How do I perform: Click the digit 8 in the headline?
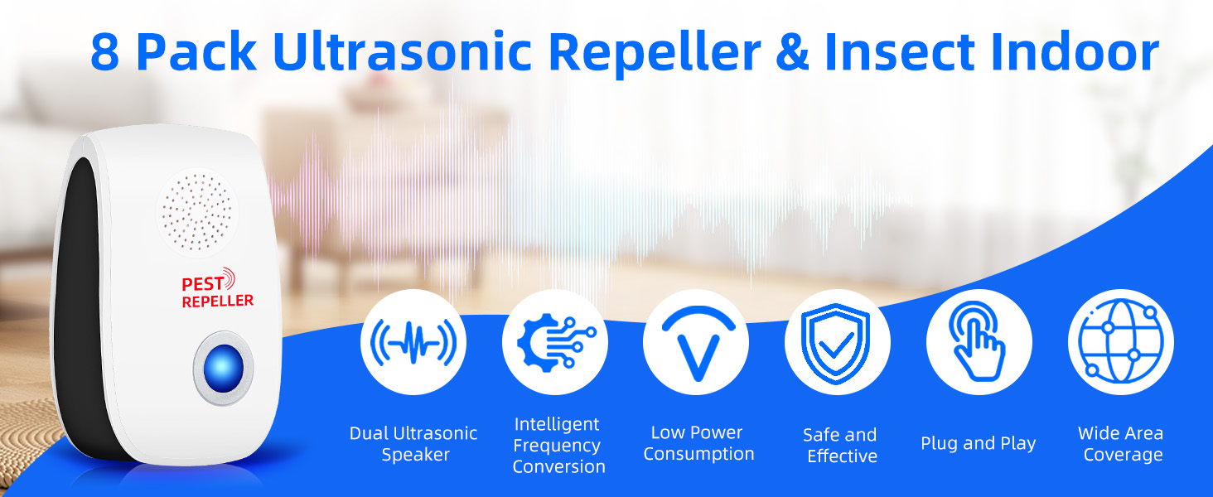(x=105, y=51)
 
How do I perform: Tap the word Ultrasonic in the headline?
(x=401, y=51)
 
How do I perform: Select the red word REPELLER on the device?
(x=217, y=302)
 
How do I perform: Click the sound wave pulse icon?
(x=413, y=341)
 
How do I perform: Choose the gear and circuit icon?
(x=555, y=341)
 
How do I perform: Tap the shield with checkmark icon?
(x=838, y=341)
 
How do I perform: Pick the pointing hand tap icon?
(x=979, y=341)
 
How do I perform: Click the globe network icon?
(x=1120, y=341)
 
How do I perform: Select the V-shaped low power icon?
(x=696, y=341)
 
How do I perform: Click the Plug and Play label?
(x=978, y=443)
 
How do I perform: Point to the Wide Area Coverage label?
(x=1121, y=444)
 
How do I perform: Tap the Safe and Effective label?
(x=840, y=446)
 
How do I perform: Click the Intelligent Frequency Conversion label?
(x=558, y=446)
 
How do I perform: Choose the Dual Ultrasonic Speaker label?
(x=413, y=444)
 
